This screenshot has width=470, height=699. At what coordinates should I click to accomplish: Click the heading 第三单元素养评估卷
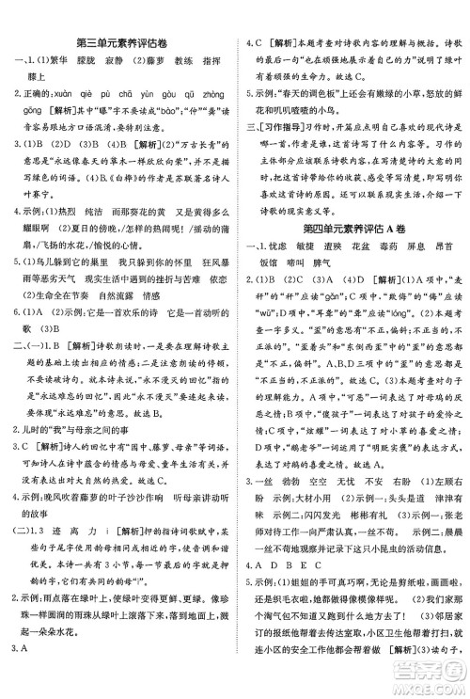click(x=121, y=41)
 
